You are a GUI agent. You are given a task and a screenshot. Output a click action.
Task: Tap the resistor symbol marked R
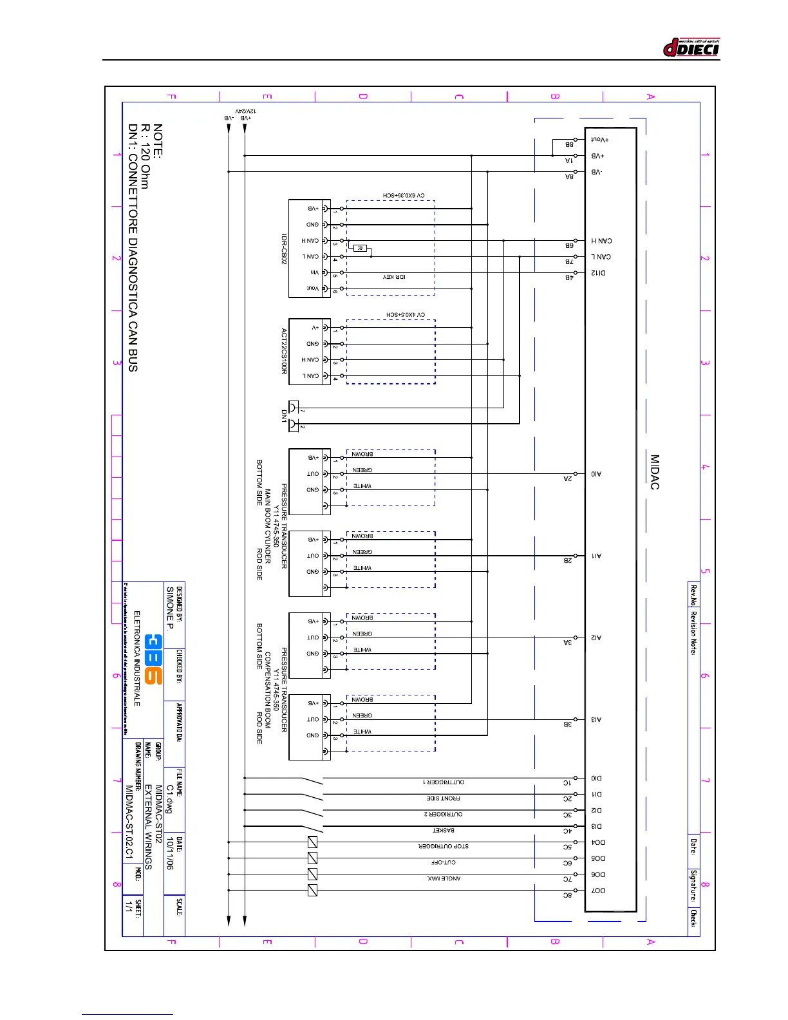coord(361,249)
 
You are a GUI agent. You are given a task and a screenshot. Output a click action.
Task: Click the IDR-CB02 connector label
coord(283,249)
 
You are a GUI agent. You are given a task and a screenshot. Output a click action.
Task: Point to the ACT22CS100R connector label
coord(283,352)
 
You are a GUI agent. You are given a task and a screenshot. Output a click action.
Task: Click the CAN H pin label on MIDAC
coord(601,241)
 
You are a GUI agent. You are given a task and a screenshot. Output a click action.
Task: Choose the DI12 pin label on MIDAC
coord(598,273)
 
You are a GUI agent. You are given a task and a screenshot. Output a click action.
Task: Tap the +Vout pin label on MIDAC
coord(600,140)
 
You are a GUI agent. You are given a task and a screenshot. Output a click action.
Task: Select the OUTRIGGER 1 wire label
coord(444,782)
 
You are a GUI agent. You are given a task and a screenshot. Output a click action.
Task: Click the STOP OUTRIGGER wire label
coord(444,846)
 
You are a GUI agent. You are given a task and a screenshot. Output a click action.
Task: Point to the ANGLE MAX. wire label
coord(444,878)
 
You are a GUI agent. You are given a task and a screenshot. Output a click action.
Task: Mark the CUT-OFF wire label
coord(444,862)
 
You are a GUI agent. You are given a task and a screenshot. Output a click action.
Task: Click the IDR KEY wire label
coord(394,277)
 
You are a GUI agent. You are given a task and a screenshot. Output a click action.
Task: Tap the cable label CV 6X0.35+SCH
coord(404,195)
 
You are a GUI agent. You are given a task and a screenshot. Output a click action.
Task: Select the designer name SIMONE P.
coord(170,608)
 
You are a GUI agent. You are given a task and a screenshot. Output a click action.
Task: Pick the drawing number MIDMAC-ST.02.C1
coord(129,822)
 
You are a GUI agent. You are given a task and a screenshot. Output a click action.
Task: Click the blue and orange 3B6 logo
coord(153,659)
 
